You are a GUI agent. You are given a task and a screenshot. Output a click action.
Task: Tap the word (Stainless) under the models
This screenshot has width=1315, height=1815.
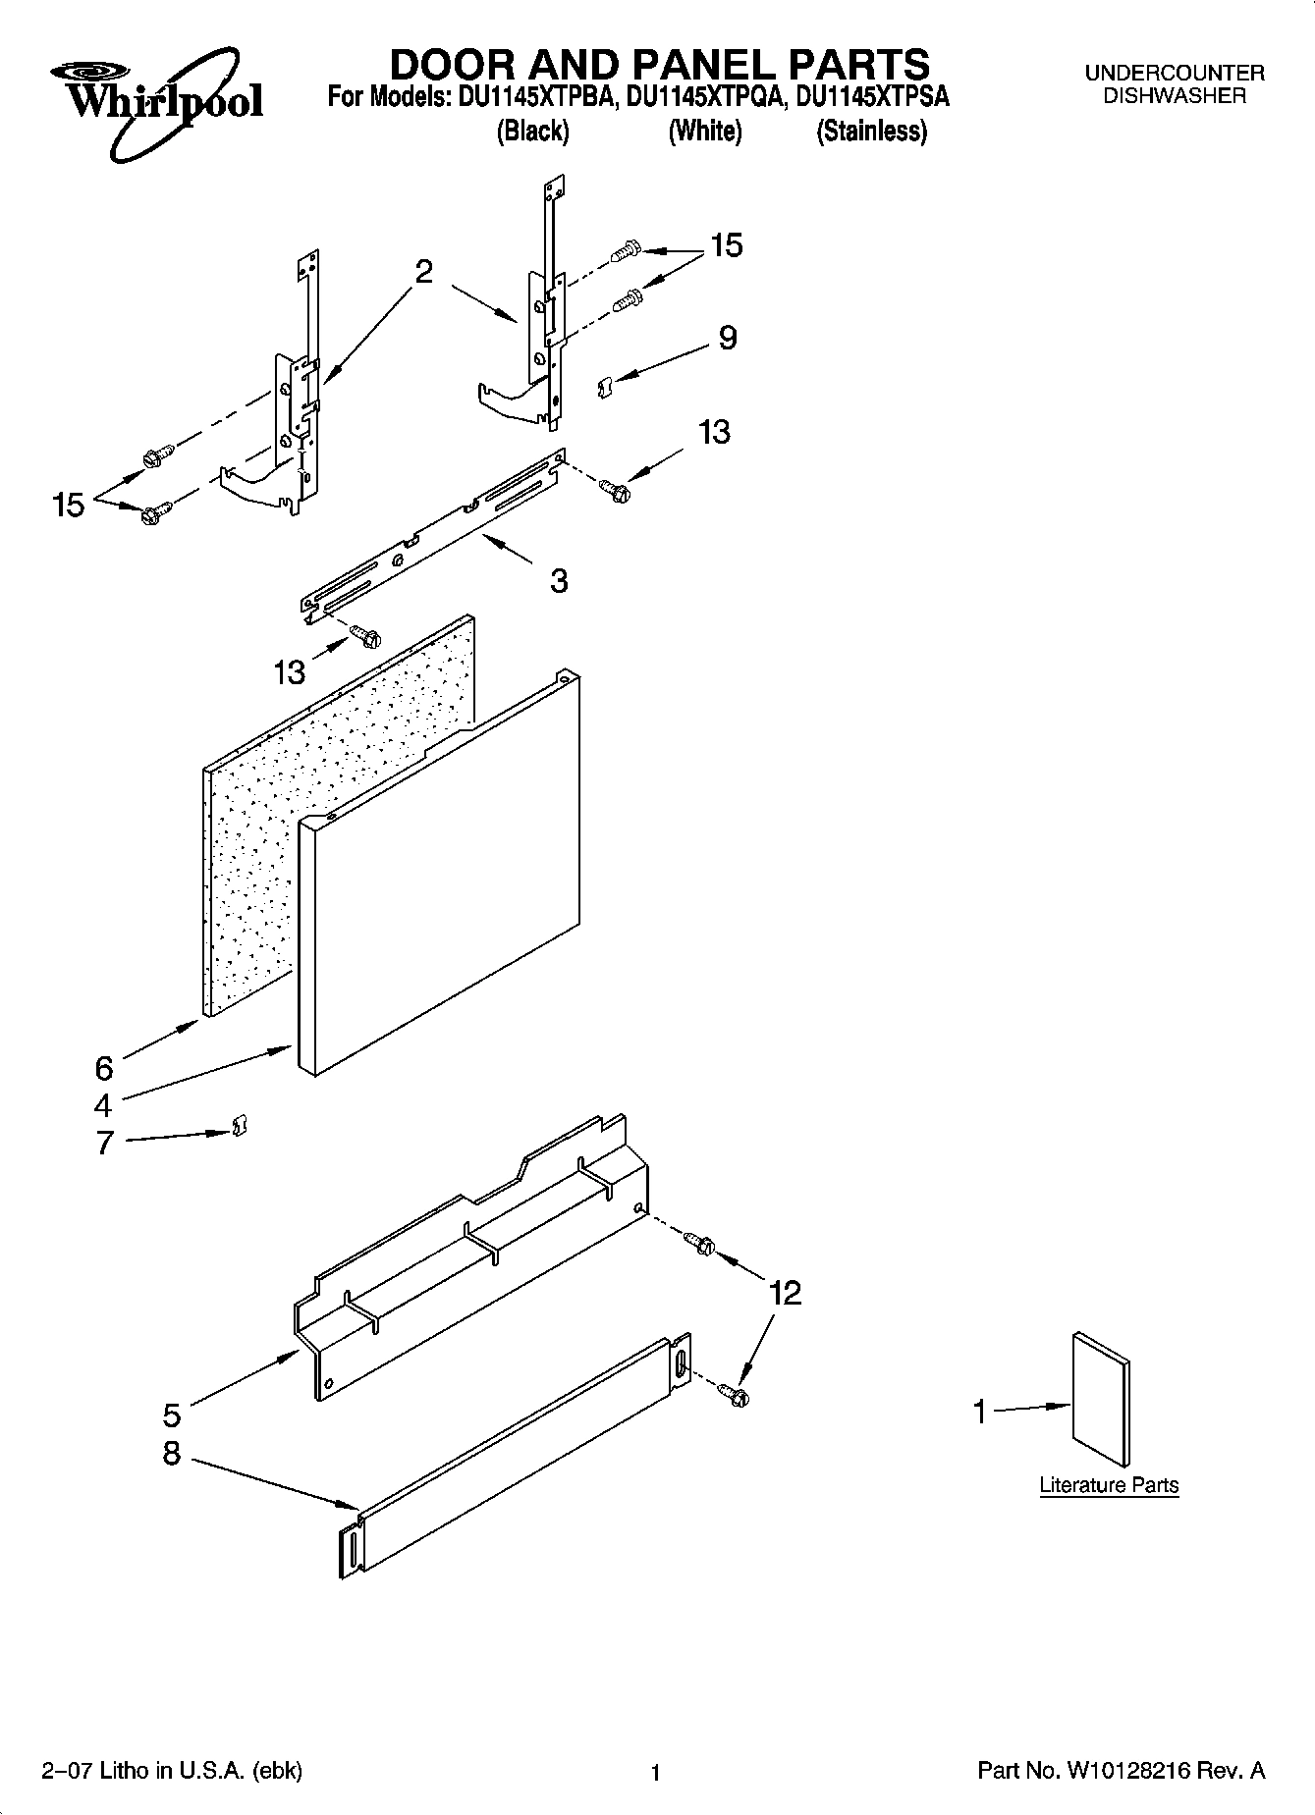pyautogui.click(x=871, y=132)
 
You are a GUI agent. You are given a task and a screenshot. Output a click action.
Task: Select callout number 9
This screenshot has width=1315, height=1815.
pyautogui.click(x=727, y=338)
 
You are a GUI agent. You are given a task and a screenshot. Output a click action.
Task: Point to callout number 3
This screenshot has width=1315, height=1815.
pyautogui.click(x=558, y=581)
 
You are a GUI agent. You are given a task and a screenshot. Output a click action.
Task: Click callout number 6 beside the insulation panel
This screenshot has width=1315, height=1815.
pyautogui.click(x=103, y=1067)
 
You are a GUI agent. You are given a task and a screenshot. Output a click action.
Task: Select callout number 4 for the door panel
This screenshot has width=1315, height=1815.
pyautogui.click(x=103, y=1105)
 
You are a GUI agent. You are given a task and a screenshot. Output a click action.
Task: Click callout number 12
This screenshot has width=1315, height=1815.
pyautogui.click(x=785, y=1293)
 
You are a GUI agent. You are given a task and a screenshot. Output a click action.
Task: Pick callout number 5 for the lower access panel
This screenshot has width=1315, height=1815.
pyautogui.click(x=171, y=1415)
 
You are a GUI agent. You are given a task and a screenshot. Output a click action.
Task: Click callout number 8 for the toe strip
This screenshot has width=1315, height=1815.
pyautogui.click(x=171, y=1453)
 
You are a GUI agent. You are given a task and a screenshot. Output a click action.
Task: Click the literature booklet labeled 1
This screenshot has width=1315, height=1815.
pyautogui.click(x=1101, y=1398)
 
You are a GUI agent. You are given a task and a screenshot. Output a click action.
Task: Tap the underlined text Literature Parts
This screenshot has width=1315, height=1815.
pyautogui.click(x=1109, y=1485)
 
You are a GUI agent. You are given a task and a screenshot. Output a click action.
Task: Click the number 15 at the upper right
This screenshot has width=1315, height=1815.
pyautogui.click(x=726, y=245)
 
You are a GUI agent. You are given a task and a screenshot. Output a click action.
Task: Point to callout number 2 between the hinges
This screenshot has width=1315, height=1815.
pyautogui.click(x=423, y=272)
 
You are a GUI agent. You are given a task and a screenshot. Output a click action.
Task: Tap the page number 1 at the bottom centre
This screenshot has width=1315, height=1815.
pyautogui.click(x=655, y=1773)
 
